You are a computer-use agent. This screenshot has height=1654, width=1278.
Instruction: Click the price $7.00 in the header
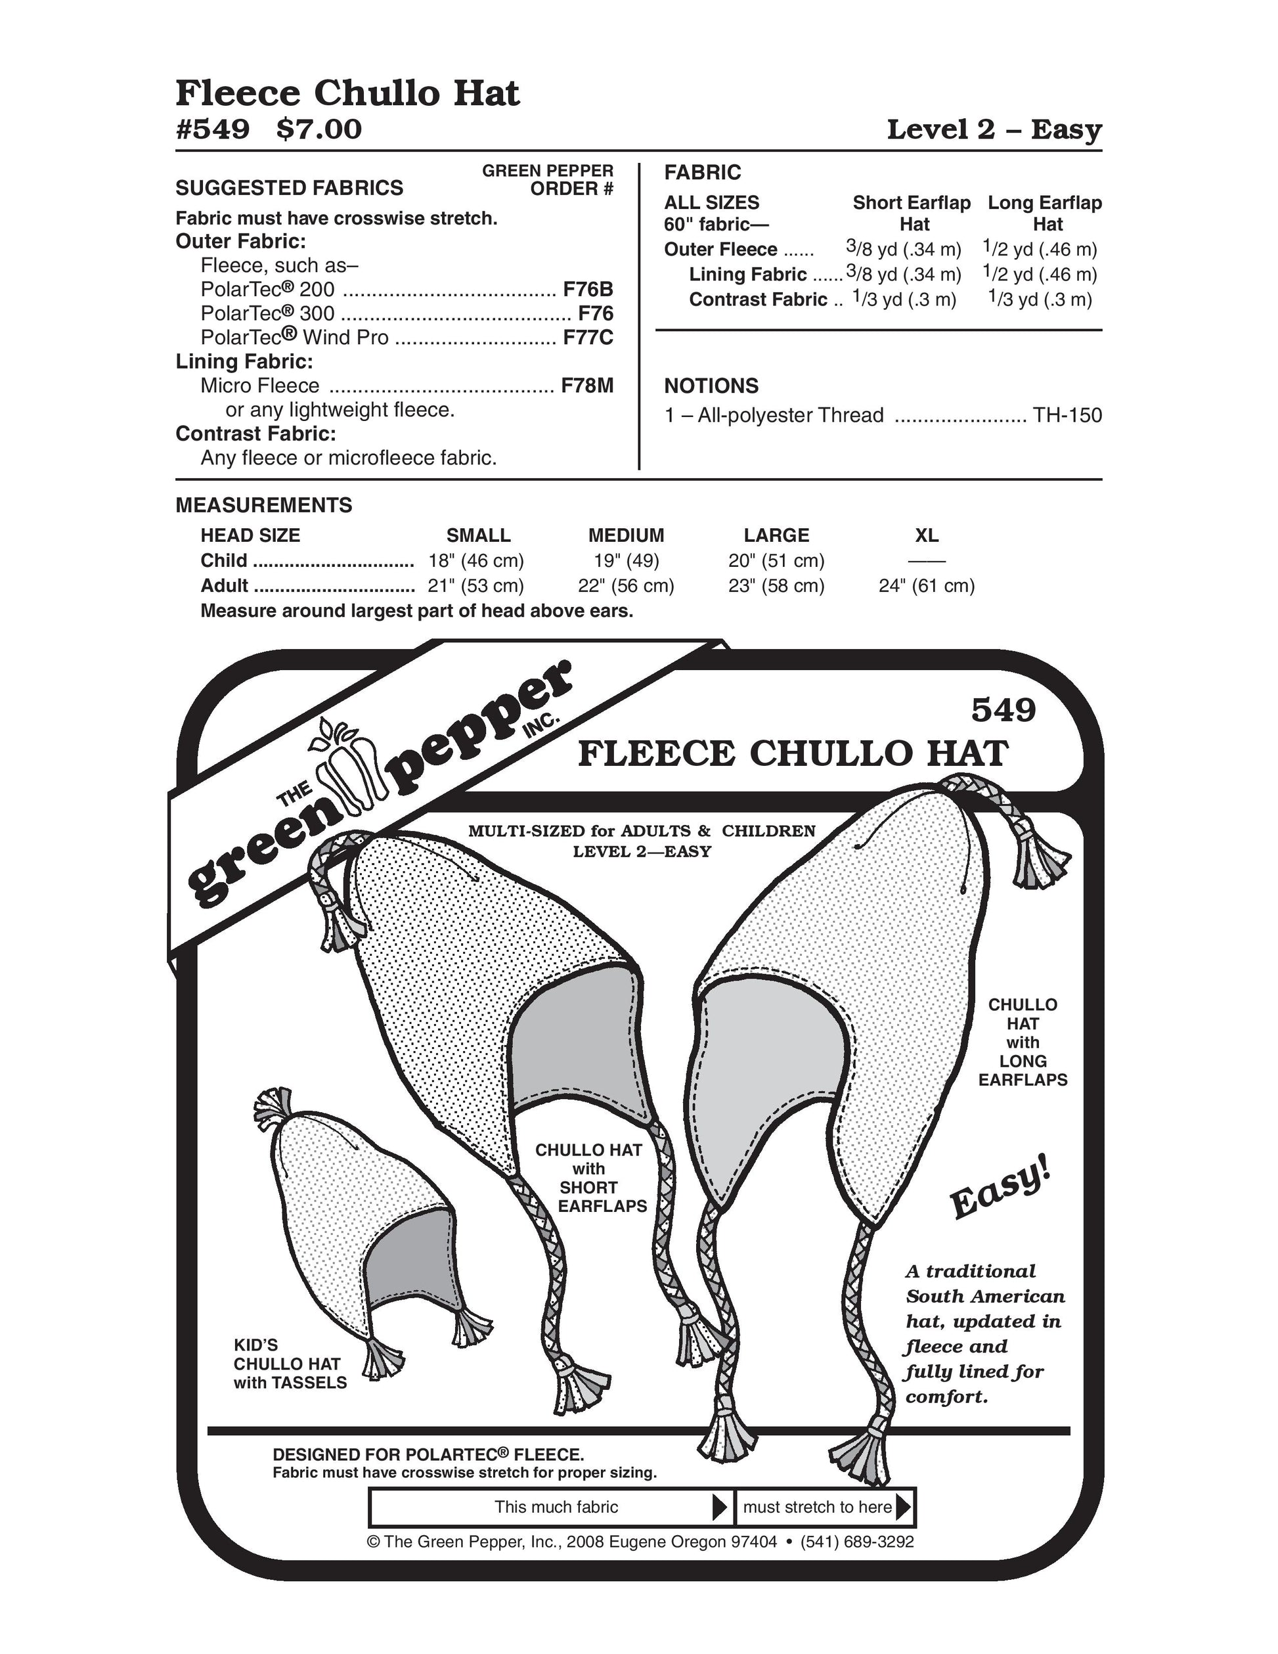coord(319,129)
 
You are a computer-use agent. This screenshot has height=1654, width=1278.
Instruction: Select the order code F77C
coord(588,338)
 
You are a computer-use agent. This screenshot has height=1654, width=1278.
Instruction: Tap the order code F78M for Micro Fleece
coord(586,386)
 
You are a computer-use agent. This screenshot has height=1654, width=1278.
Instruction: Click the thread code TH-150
coord(1068,416)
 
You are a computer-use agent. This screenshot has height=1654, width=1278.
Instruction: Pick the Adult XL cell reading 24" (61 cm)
coord(927,585)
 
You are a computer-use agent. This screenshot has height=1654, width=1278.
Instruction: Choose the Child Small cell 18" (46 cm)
coord(475,560)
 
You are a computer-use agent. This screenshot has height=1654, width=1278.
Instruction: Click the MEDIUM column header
coord(626,535)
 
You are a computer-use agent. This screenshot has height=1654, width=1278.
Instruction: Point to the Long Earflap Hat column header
coord(1045,213)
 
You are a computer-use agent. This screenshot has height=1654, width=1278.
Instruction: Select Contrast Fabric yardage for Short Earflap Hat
coord(904,300)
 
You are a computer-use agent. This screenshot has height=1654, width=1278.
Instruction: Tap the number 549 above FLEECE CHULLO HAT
coord(1003,710)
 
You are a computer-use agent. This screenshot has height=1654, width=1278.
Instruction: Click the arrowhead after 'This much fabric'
coord(720,1507)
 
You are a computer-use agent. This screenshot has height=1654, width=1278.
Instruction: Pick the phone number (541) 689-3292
coord(857,1542)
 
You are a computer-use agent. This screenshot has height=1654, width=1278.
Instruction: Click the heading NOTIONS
coord(711,386)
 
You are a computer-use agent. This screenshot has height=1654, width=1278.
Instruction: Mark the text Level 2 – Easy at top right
coord(994,129)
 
